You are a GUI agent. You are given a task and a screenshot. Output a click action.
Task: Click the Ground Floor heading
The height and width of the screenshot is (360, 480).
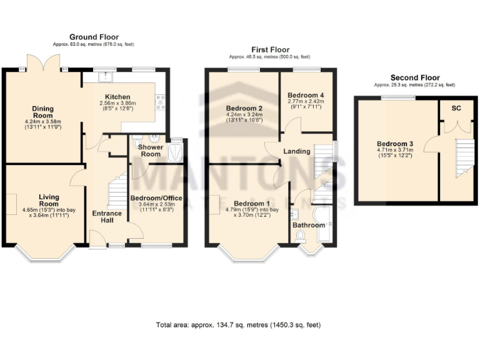(x=94, y=37)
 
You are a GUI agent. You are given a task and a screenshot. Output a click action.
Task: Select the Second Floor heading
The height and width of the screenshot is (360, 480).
(x=414, y=77)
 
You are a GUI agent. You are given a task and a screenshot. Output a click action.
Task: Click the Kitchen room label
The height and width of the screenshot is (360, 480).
(x=117, y=97)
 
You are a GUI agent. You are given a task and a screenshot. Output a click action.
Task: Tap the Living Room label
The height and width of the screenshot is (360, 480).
(x=48, y=200)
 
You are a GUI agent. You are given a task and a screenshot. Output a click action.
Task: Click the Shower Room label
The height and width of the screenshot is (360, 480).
(x=151, y=150)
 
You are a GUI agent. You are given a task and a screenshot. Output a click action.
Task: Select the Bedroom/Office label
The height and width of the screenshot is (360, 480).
(x=156, y=198)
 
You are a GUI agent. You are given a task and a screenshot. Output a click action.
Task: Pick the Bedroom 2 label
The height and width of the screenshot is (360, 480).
(x=244, y=109)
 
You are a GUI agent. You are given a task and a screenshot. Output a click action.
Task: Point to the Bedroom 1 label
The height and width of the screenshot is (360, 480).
(x=251, y=203)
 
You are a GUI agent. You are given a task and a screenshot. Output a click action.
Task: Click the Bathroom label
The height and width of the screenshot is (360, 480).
(x=309, y=225)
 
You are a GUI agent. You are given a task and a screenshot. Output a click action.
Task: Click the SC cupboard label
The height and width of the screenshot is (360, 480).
(x=457, y=107)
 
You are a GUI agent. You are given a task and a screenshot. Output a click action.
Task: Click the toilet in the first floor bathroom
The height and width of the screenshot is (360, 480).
(x=301, y=236)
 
